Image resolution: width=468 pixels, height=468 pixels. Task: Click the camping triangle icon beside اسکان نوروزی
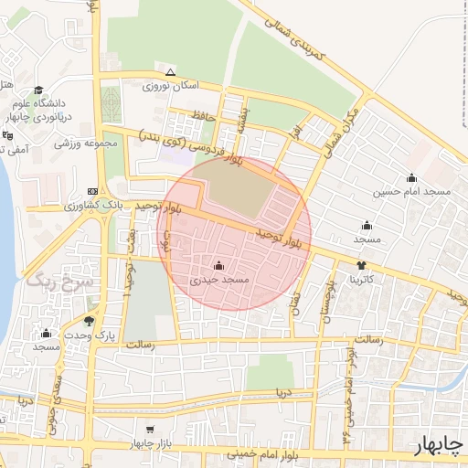170,73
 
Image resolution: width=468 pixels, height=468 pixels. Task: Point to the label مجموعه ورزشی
88,143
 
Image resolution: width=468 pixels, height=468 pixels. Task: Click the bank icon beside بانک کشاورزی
91,192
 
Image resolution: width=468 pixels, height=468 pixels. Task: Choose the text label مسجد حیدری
218,282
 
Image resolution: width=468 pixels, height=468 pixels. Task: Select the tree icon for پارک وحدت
89,321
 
